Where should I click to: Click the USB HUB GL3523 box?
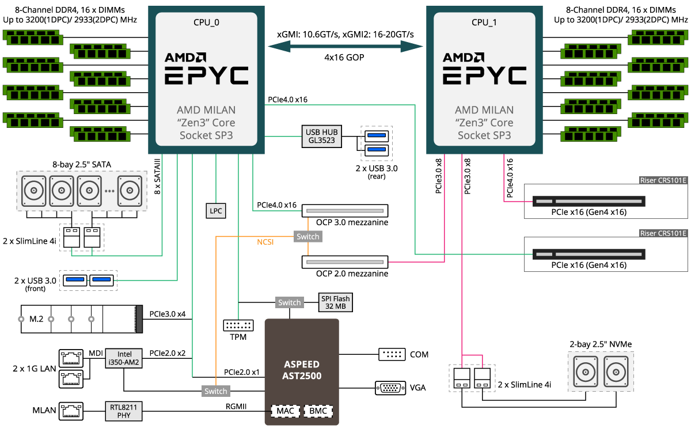[x=321, y=136]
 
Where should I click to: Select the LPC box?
[x=215, y=211]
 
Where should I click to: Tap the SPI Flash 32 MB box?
[x=335, y=302]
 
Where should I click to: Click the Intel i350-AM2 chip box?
[x=124, y=358]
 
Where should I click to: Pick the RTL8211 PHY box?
[x=124, y=411]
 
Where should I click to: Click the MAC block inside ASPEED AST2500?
[x=286, y=411]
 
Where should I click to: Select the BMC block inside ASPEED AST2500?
[x=318, y=411]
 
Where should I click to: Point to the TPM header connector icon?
[x=238, y=325]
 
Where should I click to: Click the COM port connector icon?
[x=392, y=354]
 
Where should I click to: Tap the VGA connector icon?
[x=390, y=388]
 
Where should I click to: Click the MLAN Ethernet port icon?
[x=71, y=411]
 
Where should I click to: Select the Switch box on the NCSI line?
[x=308, y=236]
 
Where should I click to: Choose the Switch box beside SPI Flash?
[x=289, y=302]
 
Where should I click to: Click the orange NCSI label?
[x=265, y=242]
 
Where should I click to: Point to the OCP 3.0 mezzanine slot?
[x=345, y=211]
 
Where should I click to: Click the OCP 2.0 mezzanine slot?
[x=345, y=262]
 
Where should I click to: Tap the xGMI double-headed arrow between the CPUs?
[x=345, y=47]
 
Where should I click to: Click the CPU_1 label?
[x=484, y=22]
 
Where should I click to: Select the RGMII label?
[x=236, y=407]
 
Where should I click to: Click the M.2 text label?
[x=36, y=319]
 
